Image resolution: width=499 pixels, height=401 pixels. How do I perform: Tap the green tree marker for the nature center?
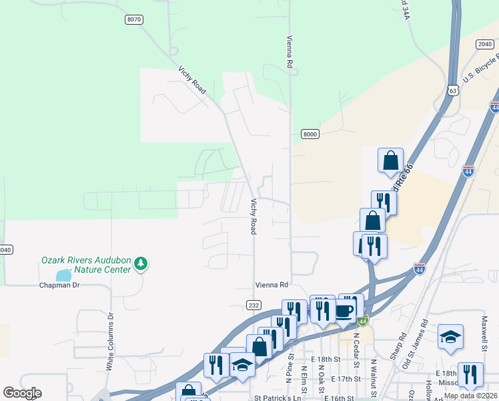[141, 263]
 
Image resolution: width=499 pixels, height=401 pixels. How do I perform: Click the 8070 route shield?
[134, 20]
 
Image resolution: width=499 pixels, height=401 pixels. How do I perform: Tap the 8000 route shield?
[310, 134]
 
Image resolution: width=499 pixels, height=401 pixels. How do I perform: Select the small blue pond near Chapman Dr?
[63, 275]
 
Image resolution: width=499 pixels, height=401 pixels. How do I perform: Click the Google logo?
[22, 393]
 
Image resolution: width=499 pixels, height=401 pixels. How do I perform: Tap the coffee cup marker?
[345, 311]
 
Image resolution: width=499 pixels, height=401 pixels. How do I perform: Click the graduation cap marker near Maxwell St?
[451, 337]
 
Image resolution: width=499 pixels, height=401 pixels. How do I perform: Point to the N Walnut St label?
[374, 374]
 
